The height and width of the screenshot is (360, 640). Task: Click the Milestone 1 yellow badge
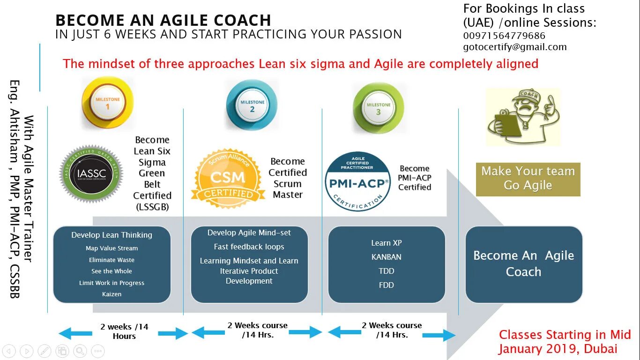tap(107, 103)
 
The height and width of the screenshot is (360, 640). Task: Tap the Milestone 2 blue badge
tap(252, 105)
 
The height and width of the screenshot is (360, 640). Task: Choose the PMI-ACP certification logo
tap(358, 181)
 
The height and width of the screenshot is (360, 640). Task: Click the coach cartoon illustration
tap(523, 116)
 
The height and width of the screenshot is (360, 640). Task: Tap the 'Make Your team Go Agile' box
tap(528, 179)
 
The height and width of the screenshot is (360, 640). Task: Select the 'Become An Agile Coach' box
tap(523, 263)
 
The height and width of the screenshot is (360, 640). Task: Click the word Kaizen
tap(112, 294)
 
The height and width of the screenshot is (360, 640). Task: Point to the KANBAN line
tap(386, 257)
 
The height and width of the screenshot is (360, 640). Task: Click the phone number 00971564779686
tap(504, 36)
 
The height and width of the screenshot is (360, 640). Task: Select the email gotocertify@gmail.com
tap(515, 47)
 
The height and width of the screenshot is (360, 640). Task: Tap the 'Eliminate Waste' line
tap(112, 260)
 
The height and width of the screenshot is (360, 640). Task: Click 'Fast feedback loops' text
tap(249, 247)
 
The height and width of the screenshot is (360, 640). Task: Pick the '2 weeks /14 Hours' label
tap(124, 331)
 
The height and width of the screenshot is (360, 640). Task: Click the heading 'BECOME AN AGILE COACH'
tap(163, 21)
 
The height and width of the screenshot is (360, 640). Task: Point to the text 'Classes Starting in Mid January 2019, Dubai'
tap(564, 342)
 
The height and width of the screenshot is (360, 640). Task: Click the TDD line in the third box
tap(386, 271)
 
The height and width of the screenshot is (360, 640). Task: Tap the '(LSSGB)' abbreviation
tap(152, 207)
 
